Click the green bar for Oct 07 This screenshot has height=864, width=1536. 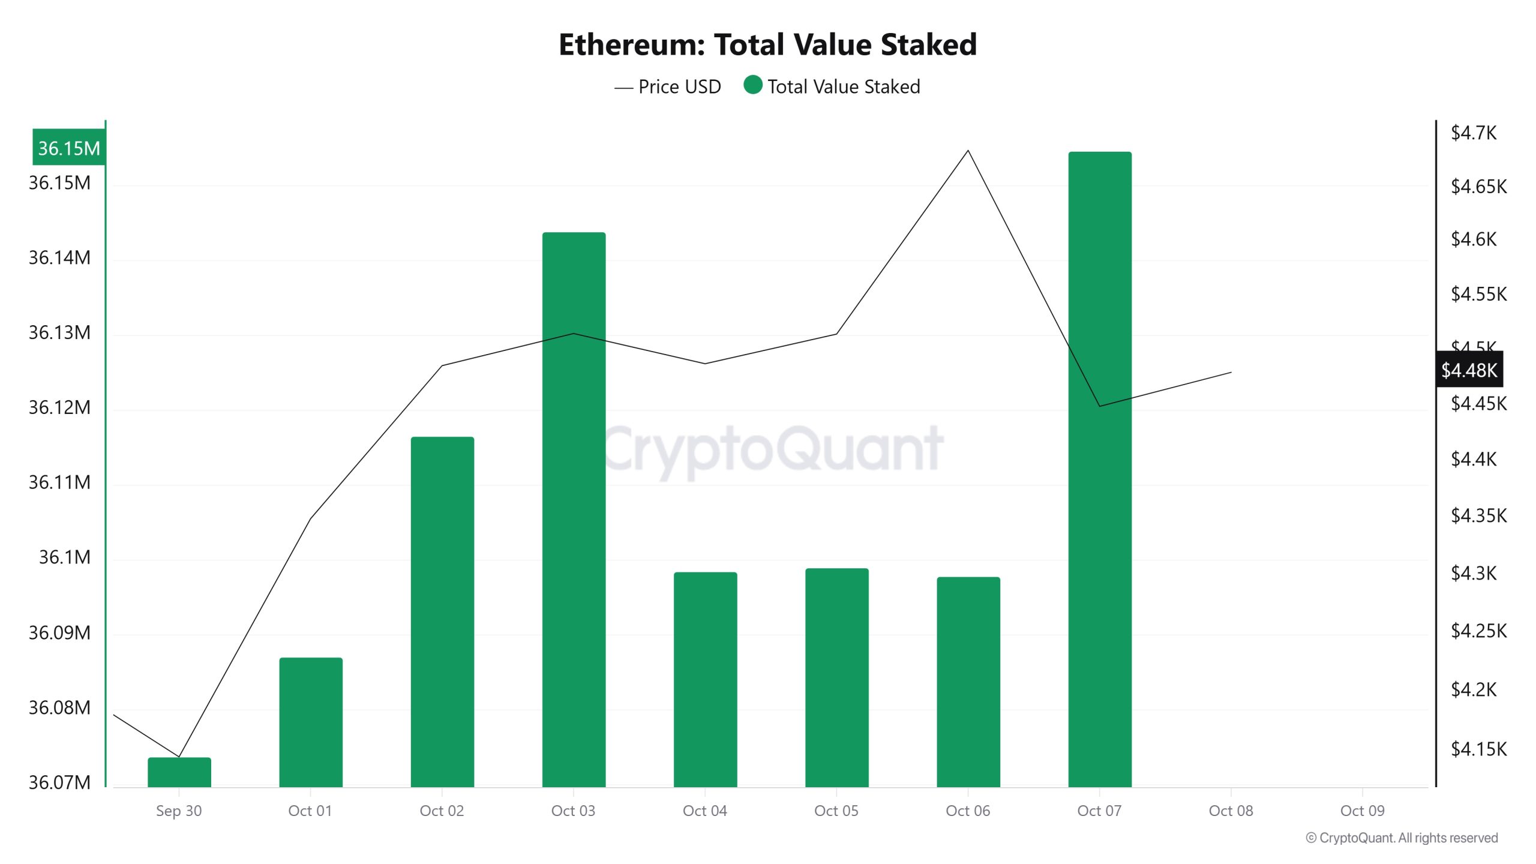(x=1099, y=468)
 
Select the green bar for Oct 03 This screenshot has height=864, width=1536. (x=574, y=510)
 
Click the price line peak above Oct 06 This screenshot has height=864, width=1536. (x=968, y=151)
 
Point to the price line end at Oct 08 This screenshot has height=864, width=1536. (x=1231, y=373)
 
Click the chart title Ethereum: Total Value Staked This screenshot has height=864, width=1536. (x=767, y=44)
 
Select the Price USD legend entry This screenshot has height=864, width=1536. (x=668, y=87)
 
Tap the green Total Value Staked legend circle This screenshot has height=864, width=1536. (x=752, y=85)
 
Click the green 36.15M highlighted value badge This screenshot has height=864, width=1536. (x=69, y=148)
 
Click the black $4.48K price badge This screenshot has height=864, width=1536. (x=1469, y=370)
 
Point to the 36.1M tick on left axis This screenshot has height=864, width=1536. (x=65, y=557)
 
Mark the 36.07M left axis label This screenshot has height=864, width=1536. (x=59, y=782)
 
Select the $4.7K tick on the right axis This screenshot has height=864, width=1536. (x=1473, y=133)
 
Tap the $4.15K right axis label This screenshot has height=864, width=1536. (x=1478, y=749)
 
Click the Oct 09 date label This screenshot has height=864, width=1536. (x=1362, y=811)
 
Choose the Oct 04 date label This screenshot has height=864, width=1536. (x=704, y=811)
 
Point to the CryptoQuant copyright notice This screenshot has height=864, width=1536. (x=1402, y=838)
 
